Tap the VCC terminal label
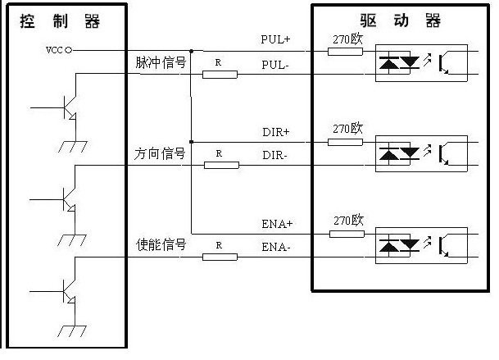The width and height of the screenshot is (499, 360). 54,51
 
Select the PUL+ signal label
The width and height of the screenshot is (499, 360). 275,39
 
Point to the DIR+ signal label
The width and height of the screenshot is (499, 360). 275,130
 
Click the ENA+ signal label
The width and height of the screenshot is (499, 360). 276,222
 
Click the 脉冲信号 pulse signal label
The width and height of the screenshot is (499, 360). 161,62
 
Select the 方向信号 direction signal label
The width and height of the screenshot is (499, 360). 161,153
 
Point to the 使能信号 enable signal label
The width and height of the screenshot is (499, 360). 161,244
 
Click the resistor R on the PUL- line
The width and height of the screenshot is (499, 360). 220,74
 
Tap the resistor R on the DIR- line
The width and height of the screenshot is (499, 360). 220,165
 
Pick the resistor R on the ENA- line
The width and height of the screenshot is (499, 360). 220,257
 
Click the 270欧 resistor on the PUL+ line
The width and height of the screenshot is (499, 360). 345,51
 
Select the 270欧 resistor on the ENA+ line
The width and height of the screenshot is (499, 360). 345,234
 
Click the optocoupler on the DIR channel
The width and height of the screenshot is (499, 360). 421,153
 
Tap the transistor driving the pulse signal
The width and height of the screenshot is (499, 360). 68,107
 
